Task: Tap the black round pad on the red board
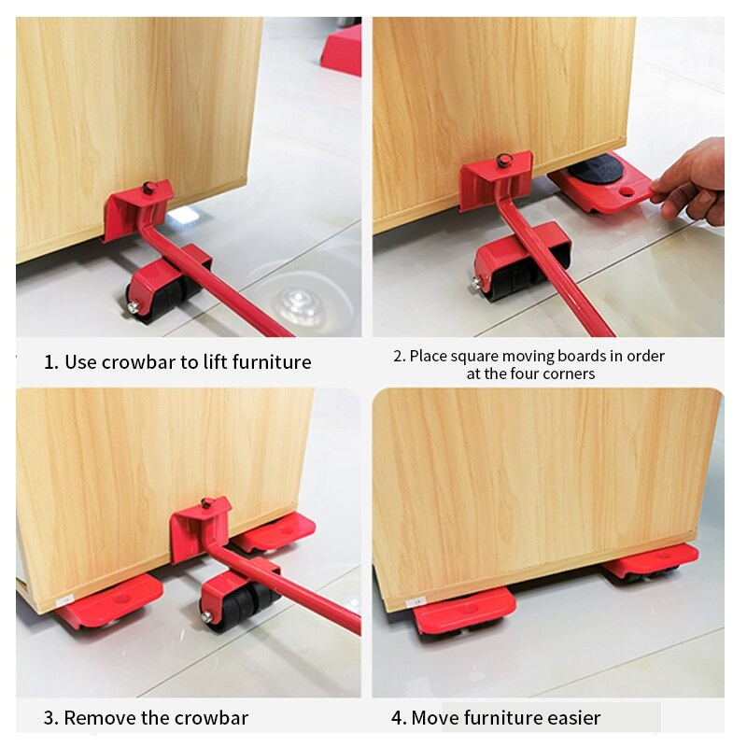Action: tap(595, 171)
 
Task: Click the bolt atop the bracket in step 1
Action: tap(148, 189)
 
